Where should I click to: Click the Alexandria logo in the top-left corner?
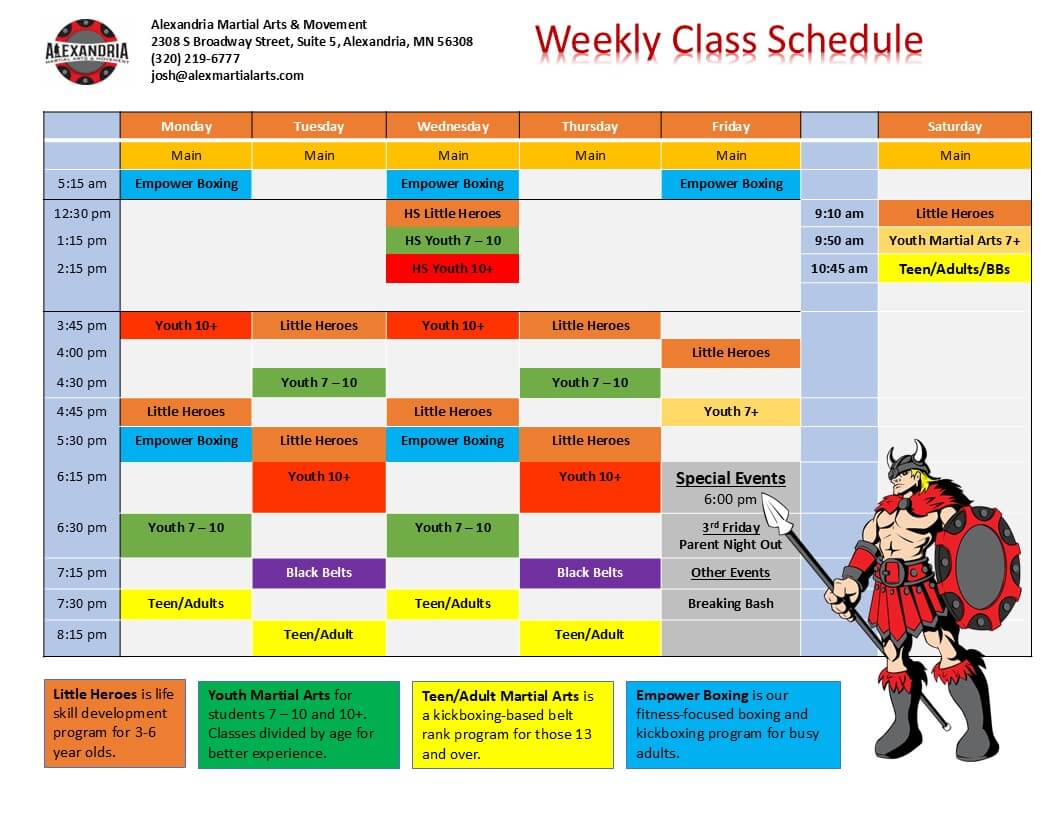(86, 52)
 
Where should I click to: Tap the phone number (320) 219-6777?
(195, 59)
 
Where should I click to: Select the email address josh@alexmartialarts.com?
(227, 75)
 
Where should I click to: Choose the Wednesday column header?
(453, 126)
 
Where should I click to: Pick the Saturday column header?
(954, 126)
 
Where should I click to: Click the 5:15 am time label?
(81, 183)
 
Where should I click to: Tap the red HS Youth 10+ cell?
(453, 269)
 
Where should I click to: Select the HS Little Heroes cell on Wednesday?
(453, 213)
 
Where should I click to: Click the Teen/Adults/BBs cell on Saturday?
(954, 269)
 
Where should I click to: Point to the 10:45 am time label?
(839, 269)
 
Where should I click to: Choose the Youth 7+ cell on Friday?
(731, 411)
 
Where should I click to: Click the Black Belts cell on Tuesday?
(319, 573)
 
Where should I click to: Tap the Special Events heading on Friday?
(731, 478)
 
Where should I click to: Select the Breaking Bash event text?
(731, 604)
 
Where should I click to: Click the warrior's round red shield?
(977, 567)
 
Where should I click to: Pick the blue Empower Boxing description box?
(733, 724)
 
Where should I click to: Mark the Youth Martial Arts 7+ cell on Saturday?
(954, 241)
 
